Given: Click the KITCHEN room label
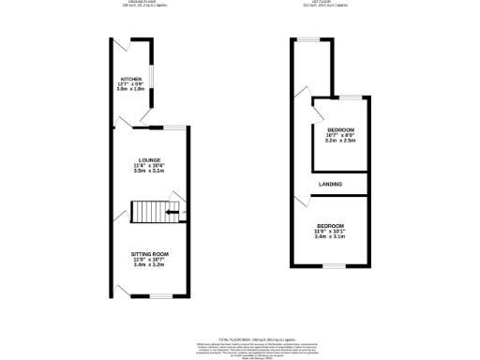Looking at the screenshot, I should tap(130, 78).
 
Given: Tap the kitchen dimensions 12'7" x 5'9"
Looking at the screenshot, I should tap(130, 84).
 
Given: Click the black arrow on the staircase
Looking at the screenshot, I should tap(172, 213).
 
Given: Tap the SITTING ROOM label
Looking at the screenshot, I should tap(150, 253).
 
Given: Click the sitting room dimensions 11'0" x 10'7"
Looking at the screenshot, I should tap(150, 260).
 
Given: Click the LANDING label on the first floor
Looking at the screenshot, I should tap(329, 184).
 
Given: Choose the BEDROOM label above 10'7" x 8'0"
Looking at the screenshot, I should tap(340, 128).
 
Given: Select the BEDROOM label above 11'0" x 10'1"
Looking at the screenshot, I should tap(330, 226).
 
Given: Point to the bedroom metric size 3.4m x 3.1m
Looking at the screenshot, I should tap(330, 238).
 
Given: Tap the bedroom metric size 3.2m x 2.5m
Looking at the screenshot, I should tap(340, 141).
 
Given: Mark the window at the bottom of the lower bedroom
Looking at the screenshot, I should tap(330, 267).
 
